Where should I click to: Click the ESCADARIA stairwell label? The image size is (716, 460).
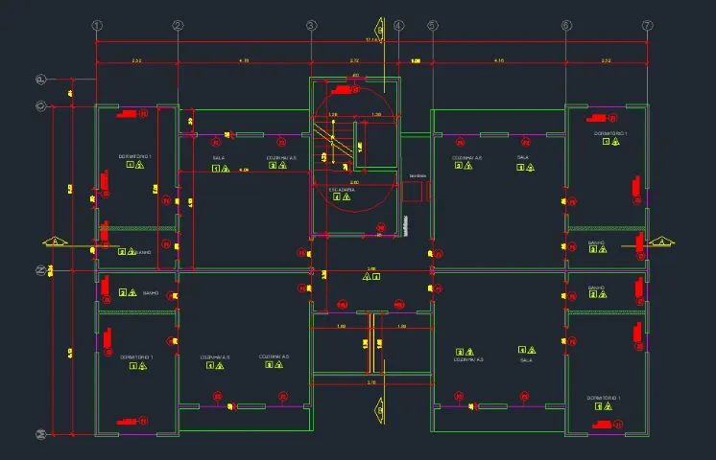[x=343, y=190]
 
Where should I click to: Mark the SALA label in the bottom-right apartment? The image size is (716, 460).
[x=526, y=360]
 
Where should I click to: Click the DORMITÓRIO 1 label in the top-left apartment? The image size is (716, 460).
[x=135, y=155]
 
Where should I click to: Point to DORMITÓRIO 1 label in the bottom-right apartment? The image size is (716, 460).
[x=606, y=397]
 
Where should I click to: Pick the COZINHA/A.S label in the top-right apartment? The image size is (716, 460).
[x=467, y=157]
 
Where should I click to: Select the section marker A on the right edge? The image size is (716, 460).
[x=661, y=241]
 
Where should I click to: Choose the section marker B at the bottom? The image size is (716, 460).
[x=372, y=407]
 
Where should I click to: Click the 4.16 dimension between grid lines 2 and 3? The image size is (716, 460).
[x=244, y=61]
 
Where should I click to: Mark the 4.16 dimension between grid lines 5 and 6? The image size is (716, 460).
[x=499, y=61]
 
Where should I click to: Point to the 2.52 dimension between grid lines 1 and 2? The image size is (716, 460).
[x=137, y=61]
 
